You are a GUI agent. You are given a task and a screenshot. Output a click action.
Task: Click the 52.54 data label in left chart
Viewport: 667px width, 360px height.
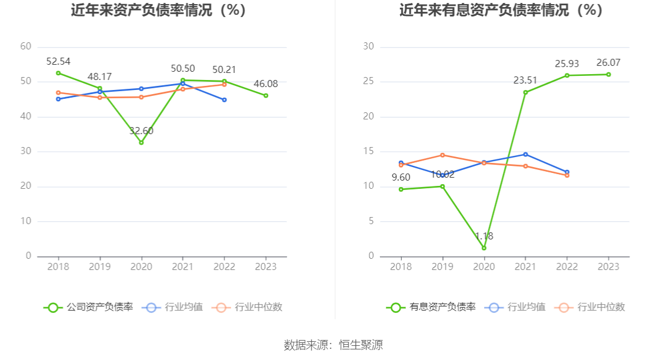tap(58, 61)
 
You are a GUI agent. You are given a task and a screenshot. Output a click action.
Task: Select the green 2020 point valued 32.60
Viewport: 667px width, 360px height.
tap(141, 142)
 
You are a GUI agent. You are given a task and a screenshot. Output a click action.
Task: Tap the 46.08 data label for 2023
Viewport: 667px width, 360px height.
tap(266, 84)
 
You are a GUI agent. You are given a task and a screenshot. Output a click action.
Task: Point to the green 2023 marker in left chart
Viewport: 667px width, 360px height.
tap(266, 95)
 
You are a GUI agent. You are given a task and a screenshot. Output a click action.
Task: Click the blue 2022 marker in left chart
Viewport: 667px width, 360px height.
tap(224, 100)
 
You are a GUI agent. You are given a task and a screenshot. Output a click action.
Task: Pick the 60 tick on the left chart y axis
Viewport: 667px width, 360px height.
tap(25, 46)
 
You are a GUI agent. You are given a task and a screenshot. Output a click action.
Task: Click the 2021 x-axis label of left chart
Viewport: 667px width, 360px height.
tap(183, 266)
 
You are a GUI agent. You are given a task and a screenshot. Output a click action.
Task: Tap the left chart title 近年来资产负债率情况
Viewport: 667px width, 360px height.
tap(158, 10)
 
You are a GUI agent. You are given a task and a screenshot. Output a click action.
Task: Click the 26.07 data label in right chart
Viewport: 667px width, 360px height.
tap(608, 62)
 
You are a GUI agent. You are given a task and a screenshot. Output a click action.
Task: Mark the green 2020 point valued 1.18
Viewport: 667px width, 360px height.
tap(484, 248)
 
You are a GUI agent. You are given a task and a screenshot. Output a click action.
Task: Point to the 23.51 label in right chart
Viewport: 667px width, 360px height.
tap(525, 80)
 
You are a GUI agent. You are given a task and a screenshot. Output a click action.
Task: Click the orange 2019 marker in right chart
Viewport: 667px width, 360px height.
tap(442, 155)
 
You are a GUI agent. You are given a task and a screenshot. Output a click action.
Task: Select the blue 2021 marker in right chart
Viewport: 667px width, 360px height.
tap(525, 154)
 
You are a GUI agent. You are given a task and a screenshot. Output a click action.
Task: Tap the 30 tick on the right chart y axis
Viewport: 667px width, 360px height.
tap(368, 46)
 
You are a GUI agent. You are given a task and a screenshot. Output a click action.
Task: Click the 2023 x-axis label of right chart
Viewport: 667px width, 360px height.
tap(608, 266)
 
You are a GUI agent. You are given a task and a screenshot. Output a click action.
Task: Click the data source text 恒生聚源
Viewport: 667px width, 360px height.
tap(361, 345)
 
